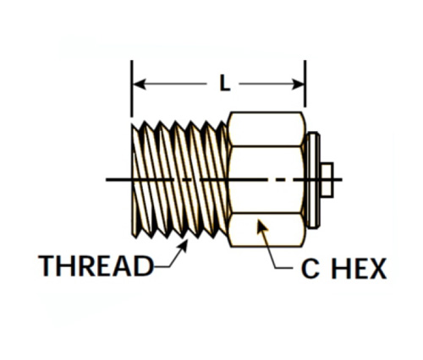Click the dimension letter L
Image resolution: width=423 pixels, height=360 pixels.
pyautogui.click(x=225, y=83)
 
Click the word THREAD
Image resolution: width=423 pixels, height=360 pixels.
pyautogui.click(x=96, y=265)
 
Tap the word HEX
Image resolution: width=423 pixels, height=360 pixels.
pyautogui.click(x=359, y=269)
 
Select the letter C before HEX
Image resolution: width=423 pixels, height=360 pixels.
pyautogui.click(x=310, y=269)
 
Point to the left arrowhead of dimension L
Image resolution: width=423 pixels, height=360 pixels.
pyautogui.click(x=139, y=84)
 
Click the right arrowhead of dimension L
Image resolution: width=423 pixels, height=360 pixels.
pyautogui.click(x=299, y=84)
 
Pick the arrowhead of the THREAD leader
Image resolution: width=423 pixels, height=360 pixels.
pyautogui.click(x=184, y=245)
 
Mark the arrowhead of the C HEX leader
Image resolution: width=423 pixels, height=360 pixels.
pyautogui.click(x=261, y=226)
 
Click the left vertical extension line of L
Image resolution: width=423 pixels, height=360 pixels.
pyautogui.click(x=131, y=89)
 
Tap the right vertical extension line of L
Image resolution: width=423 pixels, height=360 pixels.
pyautogui.click(x=305, y=84)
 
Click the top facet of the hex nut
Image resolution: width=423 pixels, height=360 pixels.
pyautogui.click(x=266, y=129)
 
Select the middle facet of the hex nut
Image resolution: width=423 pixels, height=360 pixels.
pyautogui.click(x=266, y=179)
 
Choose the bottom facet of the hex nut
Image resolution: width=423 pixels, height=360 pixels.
pyautogui.click(x=266, y=230)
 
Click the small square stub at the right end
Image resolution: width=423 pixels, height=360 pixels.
pyautogui.click(x=327, y=180)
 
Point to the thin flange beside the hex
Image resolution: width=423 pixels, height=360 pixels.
pyautogui.click(x=313, y=180)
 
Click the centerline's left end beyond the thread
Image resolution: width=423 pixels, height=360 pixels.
pyautogui.click(x=107, y=179)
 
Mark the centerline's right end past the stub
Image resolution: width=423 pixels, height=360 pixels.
pyautogui.click(x=341, y=179)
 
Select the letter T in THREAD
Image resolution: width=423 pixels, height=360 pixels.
pyautogui.click(x=47, y=265)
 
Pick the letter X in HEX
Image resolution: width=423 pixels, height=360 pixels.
pyautogui.click(x=376, y=269)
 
